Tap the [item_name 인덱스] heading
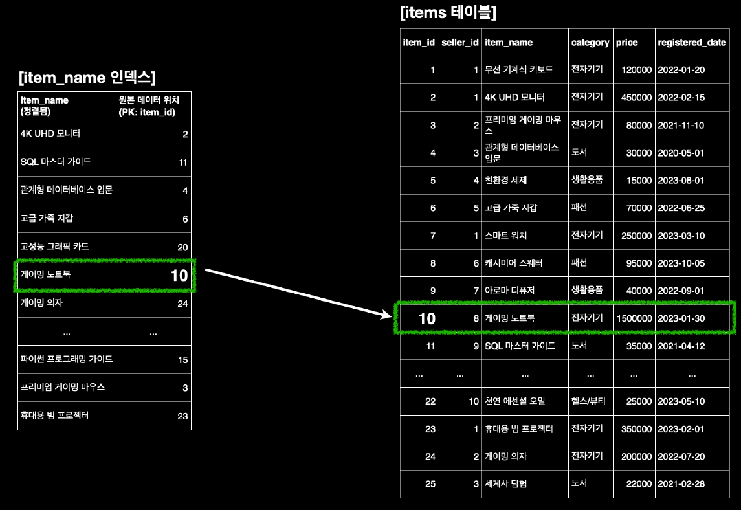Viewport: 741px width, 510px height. (x=87, y=78)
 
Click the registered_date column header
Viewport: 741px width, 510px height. (x=691, y=43)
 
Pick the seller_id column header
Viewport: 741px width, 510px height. (x=459, y=43)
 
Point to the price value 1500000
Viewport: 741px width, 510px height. (x=634, y=318)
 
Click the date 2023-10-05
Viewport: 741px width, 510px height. (x=681, y=263)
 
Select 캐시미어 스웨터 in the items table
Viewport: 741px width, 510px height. (x=514, y=263)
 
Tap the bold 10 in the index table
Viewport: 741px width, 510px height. (x=179, y=276)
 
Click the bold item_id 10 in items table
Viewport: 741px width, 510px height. (x=426, y=318)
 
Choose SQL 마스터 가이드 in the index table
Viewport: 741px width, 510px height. (x=56, y=162)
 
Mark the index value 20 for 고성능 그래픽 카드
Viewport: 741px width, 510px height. (x=182, y=247)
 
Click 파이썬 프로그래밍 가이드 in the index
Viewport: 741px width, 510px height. (x=67, y=359)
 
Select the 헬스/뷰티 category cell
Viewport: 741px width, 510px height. (x=588, y=401)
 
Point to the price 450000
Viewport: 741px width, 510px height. (x=634, y=98)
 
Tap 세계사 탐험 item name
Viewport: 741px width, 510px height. (x=505, y=483)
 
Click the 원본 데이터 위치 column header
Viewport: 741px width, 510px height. (x=153, y=105)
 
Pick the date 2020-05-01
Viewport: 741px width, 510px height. (x=681, y=153)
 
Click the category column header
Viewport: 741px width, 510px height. (x=590, y=43)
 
